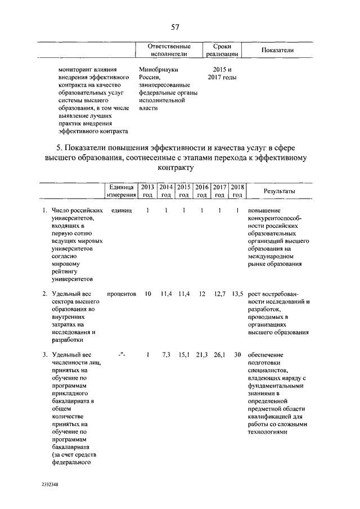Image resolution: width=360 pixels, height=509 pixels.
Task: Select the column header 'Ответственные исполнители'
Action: [168, 50]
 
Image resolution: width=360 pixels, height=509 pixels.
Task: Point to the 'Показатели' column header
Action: [278, 51]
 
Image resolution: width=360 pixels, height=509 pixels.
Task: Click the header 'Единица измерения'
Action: [121, 191]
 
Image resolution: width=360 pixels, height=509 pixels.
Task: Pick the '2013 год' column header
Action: [147, 191]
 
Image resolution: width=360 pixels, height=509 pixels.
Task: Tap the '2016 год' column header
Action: [201, 191]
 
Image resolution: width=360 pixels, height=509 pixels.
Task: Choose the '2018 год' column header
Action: [237, 191]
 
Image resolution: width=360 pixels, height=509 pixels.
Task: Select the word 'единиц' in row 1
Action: [121, 210]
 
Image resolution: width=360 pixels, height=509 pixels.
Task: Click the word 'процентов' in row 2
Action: [121, 294]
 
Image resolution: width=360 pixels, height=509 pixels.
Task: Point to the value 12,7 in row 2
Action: [220, 294]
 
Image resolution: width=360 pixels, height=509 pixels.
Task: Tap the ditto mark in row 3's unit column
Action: [121, 354]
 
